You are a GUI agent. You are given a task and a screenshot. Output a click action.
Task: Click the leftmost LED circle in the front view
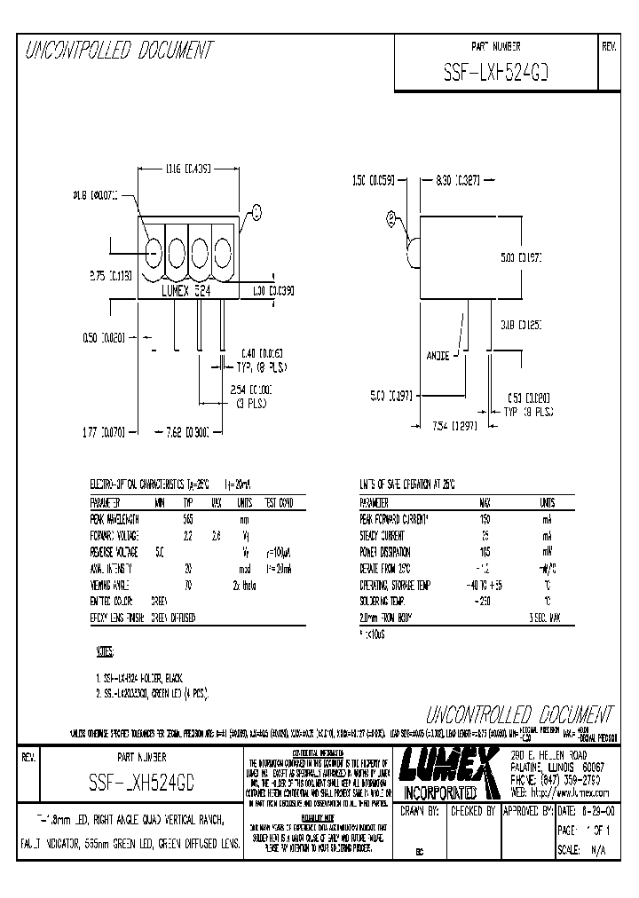pos(153,253)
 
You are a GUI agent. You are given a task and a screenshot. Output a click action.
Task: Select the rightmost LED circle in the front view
pos(220,253)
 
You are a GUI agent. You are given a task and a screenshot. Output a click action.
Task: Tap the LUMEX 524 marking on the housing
pos(187,290)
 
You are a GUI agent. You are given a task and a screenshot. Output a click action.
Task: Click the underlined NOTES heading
pos(105,653)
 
